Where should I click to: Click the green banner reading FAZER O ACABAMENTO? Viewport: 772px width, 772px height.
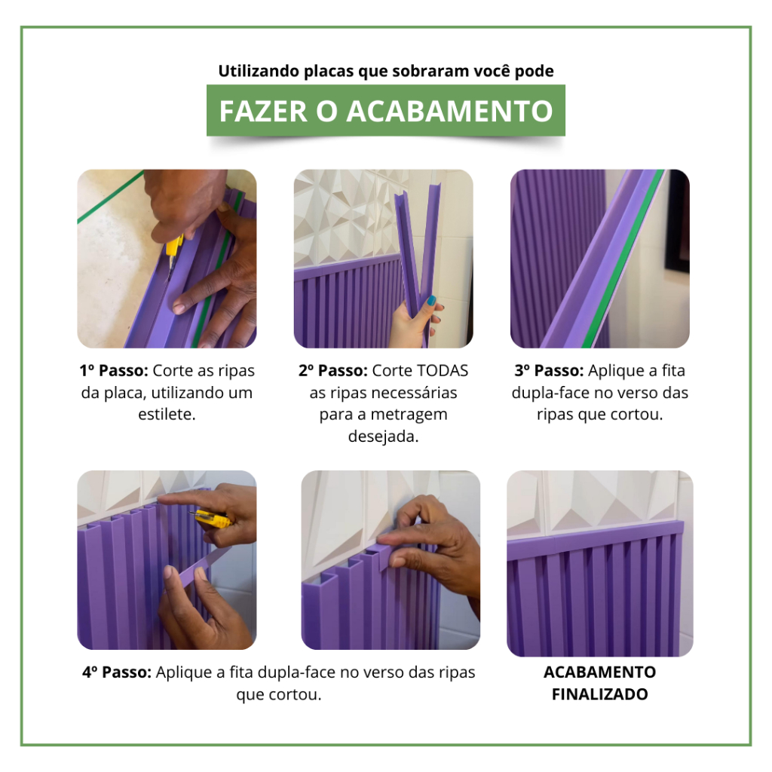click(x=385, y=110)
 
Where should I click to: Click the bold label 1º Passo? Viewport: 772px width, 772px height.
click(x=114, y=371)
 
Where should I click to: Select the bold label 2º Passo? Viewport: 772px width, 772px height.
click(x=332, y=371)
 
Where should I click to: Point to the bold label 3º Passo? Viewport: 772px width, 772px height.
click(x=549, y=371)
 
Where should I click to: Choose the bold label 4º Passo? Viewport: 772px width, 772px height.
click(x=117, y=672)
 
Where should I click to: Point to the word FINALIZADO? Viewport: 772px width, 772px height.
click(x=599, y=694)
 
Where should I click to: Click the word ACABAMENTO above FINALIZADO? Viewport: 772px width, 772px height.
click(x=599, y=672)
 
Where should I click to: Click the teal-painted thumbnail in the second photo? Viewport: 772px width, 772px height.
click(x=431, y=300)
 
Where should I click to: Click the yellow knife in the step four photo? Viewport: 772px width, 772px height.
click(x=212, y=519)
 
